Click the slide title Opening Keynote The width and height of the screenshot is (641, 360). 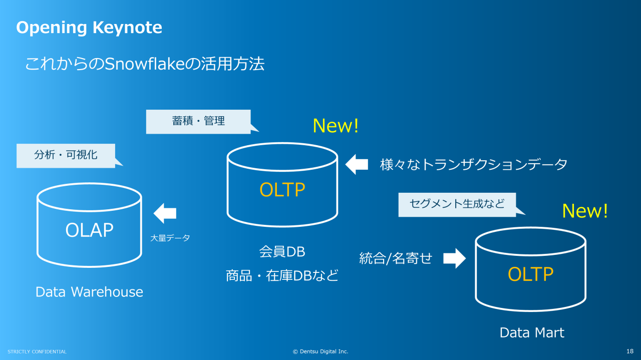click(89, 28)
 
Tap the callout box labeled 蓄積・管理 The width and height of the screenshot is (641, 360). click(198, 121)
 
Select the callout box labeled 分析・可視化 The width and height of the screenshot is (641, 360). click(66, 155)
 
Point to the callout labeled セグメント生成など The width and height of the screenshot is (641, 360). click(456, 204)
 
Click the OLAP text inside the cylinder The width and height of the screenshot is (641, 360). click(89, 230)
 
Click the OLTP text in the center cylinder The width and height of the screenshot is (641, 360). click(282, 190)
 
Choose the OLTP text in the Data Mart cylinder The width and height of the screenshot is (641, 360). click(530, 274)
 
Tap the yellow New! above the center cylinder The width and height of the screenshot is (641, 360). click(336, 126)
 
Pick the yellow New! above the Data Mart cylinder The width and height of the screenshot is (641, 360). click(585, 211)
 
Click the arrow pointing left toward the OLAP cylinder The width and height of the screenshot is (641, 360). click(165, 213)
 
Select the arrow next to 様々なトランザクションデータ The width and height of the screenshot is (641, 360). click(357, 164)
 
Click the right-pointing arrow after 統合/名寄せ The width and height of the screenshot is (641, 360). click(454, 258)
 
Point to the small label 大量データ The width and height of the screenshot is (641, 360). click(170, 238)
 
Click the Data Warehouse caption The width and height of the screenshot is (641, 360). click(89, 292)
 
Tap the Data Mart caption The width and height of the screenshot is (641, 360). click(532, 332)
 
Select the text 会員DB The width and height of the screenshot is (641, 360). click(282, 251)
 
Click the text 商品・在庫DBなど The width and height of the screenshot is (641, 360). click(282, 275)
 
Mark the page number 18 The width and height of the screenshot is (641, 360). click(630, 351)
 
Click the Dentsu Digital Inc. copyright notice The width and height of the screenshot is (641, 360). click(320, 351)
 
